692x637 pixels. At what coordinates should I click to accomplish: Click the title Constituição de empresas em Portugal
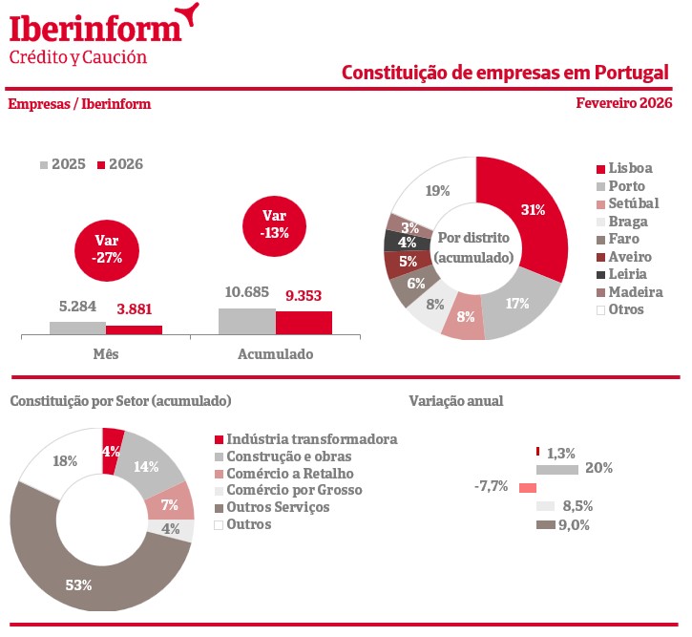505,73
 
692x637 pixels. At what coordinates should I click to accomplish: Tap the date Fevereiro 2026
624,103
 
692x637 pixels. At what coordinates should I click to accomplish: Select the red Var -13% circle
274,223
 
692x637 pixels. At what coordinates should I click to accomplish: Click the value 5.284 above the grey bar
77,308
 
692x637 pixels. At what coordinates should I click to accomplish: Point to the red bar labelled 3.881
134,329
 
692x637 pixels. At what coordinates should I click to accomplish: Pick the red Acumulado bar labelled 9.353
304,322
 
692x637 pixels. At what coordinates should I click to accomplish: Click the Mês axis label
106,354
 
